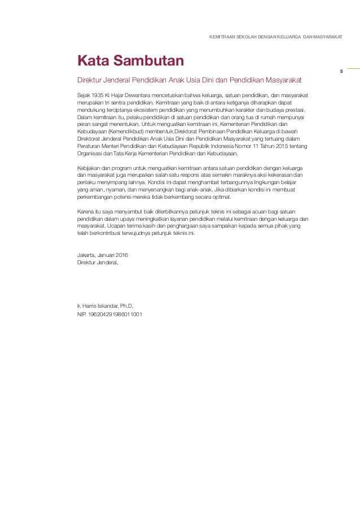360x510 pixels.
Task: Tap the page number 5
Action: pyautogui.click(x=341, y=71)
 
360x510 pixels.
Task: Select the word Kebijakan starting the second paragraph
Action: pyautogui.click(x=89, y=168)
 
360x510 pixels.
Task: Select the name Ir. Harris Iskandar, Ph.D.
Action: pyautogui.click(x=105, y=306)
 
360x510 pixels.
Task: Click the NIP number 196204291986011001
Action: pyautogui.click(x=116, y=313)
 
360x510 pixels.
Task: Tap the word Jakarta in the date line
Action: pyautogui.click(x=87, y=255)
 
